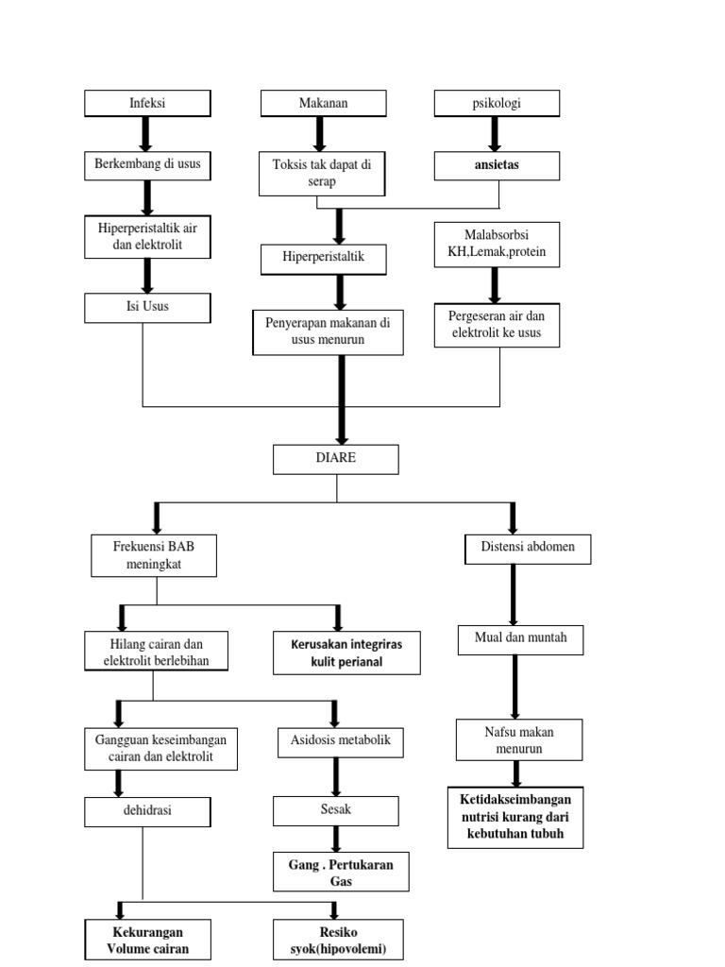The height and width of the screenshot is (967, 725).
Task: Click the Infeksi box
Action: coord(146,103)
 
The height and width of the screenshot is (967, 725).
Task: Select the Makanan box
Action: coord(323,103)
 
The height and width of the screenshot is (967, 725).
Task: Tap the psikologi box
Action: coord(497,103)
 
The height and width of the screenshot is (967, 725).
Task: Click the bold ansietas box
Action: coord(497,165)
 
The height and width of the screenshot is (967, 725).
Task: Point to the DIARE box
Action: coord(336,459)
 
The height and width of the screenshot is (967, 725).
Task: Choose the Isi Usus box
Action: coord(146,307)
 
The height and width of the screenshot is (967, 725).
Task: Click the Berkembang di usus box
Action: coord(146,165)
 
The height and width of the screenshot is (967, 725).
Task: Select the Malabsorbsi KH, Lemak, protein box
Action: coord(497,245)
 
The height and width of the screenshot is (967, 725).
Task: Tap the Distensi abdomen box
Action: coord(529,549)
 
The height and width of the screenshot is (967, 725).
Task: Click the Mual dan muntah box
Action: coord(520,639)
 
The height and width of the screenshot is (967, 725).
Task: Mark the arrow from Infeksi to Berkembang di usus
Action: coord(146,134)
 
